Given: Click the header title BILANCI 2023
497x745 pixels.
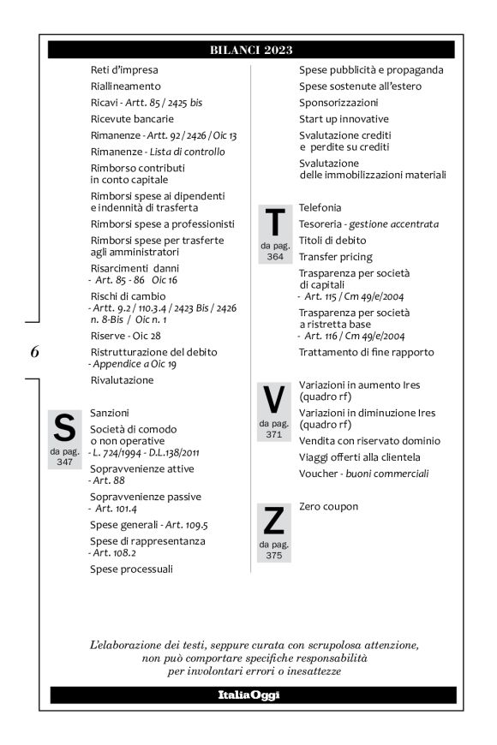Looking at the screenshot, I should (x=251, y=50).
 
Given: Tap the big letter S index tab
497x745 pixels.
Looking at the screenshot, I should (x=64, y=426).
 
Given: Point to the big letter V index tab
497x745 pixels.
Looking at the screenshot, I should (x=274, y=399).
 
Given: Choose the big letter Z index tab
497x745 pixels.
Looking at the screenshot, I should (x=274, y=521).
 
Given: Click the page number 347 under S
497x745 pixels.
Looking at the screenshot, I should (x=64, y=461).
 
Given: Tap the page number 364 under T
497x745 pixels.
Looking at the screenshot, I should (x=274, y=256).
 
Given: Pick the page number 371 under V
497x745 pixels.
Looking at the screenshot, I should (x=274, y=433).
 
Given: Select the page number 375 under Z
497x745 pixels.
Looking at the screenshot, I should (x=274, y=554).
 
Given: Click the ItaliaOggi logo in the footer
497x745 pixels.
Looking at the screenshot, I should (x=251, y=694).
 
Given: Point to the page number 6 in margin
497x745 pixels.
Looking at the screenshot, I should (x=34, y=351).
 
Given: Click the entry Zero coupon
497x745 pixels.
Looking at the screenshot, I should (x=329, y=507).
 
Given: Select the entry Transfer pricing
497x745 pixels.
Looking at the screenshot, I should (x=336, y=257).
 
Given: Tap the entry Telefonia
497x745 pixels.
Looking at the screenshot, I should (x=320, y=208).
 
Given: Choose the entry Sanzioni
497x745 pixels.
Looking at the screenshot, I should (x=110, y=413).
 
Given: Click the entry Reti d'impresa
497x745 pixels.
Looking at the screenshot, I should (x=124, y=70).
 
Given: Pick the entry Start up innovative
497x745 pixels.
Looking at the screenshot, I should (x=344, y=119).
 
